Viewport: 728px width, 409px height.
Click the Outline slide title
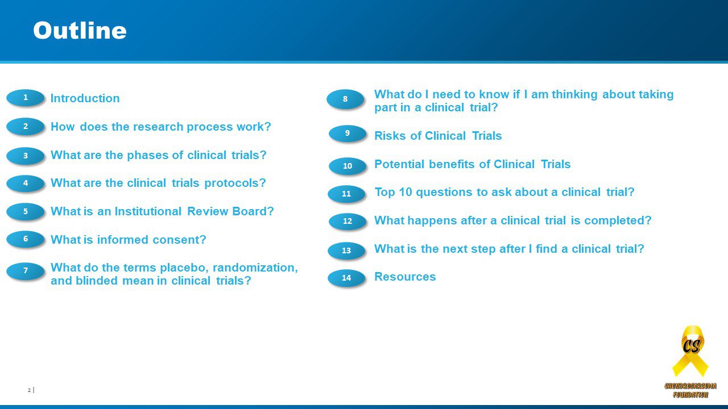pyautogui.click(x=80, y=31)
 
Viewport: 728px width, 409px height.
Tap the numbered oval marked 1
pyautogui.click(x=26, y=98)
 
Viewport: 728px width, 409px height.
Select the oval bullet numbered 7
pyautogui.click(x=26, y=271)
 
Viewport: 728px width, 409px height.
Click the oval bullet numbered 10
pyautogui.click(x=348, y=166)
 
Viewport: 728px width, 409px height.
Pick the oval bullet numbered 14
pyautogui.click(x=346, y=278)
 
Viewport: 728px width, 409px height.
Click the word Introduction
pyautogui.click(x=85, y=98)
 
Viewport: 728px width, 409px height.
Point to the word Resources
pyautogui.click(x=405, y=277)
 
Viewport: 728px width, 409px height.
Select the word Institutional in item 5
pyautogui.click(x=148, y=211)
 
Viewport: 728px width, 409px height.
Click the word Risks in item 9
pyautogui.click(x=390, y=136)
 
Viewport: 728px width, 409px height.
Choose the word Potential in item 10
pyautogui.click(x=399, y=164)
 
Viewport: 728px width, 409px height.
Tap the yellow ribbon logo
pyautogui.click(x=690, y=351)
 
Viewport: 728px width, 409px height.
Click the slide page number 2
pyautogui.click(x=29, y=390)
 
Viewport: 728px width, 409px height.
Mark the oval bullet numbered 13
pyautogui.click(x=346, y=251)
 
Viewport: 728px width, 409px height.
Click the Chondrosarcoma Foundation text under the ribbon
pyautogui.click(x=690, y=390)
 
